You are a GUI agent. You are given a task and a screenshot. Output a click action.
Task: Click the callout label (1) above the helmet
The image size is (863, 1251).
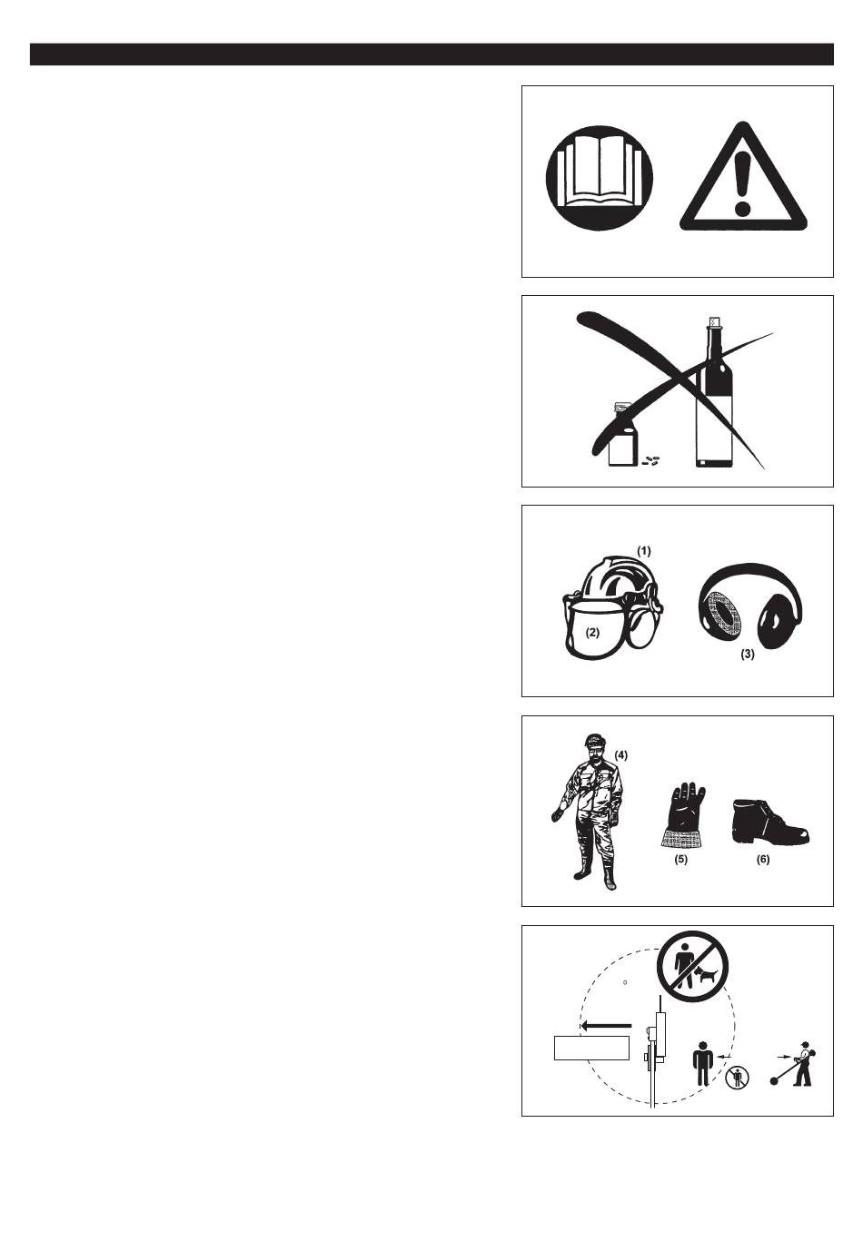644,551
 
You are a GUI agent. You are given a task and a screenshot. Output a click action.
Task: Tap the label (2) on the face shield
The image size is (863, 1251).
592,632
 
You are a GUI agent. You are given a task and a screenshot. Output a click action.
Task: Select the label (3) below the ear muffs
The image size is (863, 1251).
748,654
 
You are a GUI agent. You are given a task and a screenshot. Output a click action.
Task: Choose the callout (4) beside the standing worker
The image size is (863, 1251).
621,755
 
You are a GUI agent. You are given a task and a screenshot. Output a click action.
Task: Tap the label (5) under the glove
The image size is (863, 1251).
680,860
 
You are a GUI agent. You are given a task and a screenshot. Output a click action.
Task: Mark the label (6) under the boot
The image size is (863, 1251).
763,860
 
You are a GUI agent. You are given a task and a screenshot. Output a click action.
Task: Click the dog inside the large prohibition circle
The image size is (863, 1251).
705,977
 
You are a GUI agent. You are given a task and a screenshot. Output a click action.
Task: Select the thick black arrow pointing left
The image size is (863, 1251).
606,1026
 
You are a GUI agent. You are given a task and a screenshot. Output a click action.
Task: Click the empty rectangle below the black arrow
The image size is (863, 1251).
592,1048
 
